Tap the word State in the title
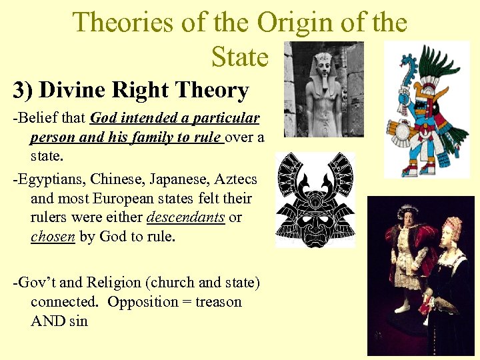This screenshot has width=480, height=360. [x=239, y=57]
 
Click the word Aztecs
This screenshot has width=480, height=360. [x=235, y=179]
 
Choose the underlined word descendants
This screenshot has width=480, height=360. [x=185, y=217]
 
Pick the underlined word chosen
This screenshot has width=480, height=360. [x=53, y=237]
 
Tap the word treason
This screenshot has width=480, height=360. [x=218, y=301]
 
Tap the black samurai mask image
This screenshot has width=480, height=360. [x=315, y=201]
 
